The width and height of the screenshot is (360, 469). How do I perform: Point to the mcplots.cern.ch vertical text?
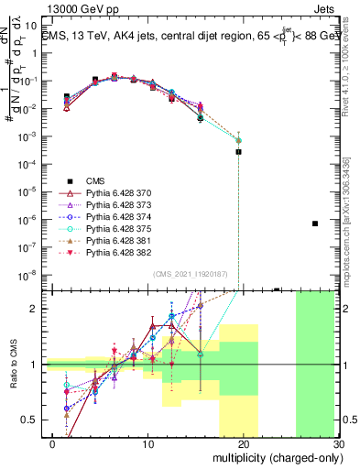[x=354, y=220]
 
